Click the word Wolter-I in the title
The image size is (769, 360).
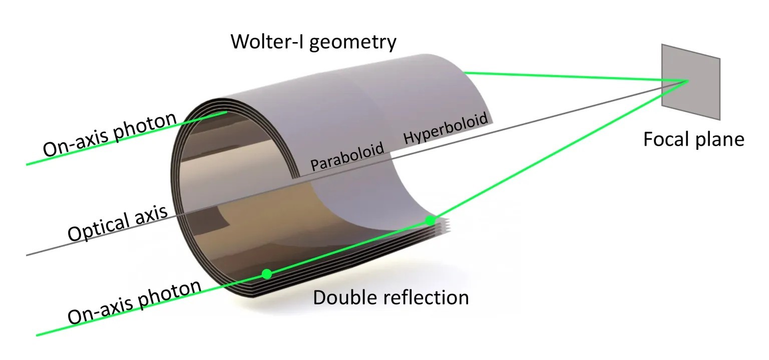pyautogui.click(x=267, y=42)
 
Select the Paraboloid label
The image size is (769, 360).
pyautogui.click(x=347, y=157)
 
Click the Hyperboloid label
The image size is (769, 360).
pyautogui.click(x=445, y=129)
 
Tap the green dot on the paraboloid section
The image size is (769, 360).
pyautogui.click(x=267, y=274)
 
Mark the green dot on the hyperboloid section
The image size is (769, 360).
pyautogui.click(x=430, y=220)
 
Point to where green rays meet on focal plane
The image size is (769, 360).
pyautogui.click(x=687, y=81)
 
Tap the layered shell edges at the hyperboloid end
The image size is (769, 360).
pyautogui.click(x=441, y=226)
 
